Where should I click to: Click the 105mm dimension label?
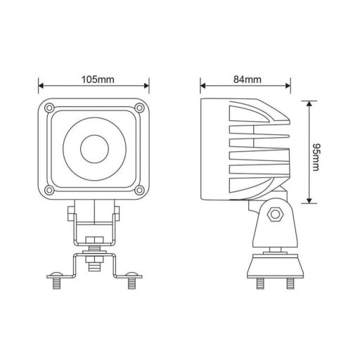click(94, 79)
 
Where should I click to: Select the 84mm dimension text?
click(245, 79)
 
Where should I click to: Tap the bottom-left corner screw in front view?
click(48, 191)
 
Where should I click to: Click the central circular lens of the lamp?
click(94, 149)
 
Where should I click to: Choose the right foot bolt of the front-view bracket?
click(131, 282)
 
